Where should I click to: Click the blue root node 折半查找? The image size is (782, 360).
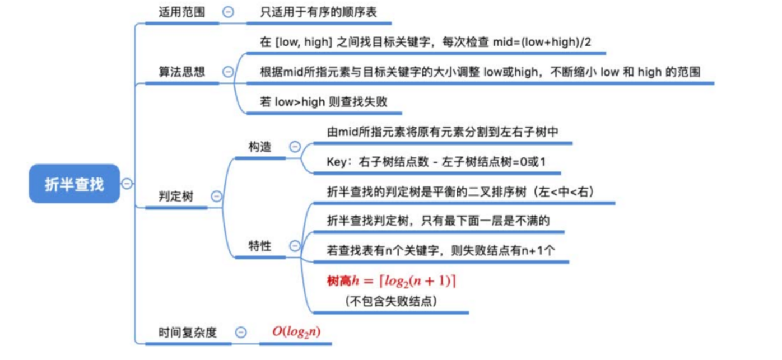click(75, 184)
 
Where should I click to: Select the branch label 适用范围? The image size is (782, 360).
click(181, 12)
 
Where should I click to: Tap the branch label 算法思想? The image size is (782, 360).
click(181, 72)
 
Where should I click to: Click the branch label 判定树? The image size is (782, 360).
click(176, 197)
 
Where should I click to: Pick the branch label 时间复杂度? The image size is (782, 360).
click(187, 332)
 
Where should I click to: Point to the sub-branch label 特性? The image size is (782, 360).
click(260, 246)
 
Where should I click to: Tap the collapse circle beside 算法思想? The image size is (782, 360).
click(228, 72)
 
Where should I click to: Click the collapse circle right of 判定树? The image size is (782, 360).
click(216, 197)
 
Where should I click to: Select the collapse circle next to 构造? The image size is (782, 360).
click(295, 147)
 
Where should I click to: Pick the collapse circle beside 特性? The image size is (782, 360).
click(295, 245)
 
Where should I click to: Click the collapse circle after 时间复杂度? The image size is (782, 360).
click(241, 332)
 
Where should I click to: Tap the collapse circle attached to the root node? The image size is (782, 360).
click(127, 184)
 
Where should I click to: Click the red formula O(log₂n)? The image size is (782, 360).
click(296, 331)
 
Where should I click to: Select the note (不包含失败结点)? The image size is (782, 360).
click(391, 301)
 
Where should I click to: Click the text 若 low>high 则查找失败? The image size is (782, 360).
click(324, 102)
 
